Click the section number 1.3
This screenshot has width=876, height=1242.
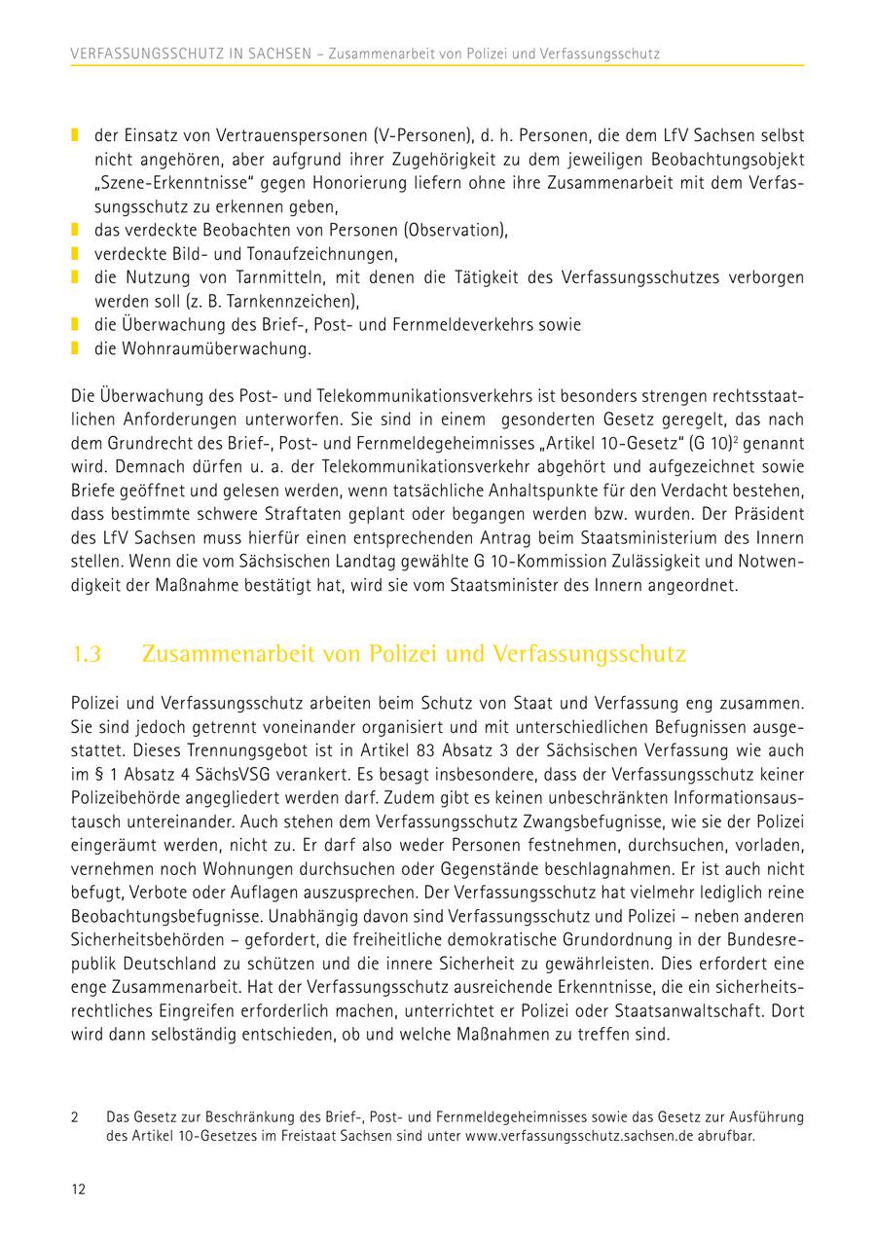[88, 654]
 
